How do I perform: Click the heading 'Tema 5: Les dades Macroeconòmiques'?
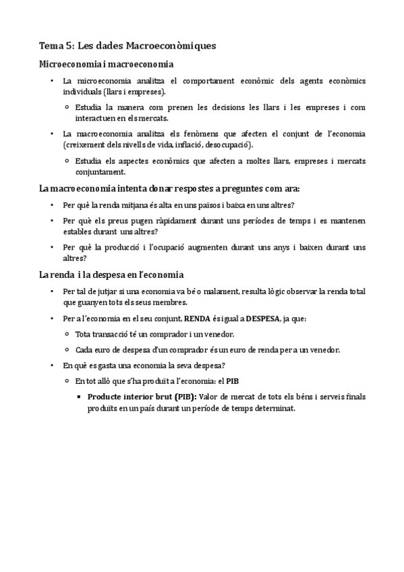127,46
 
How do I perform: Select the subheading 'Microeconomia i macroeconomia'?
106,64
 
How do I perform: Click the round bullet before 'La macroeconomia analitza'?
53,134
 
